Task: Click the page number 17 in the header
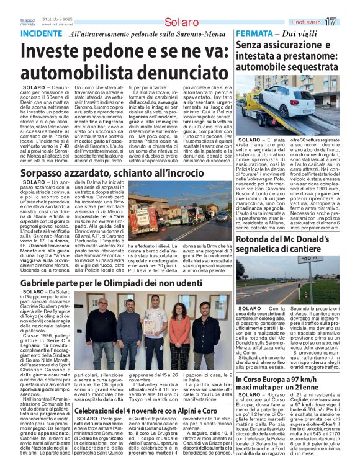click(x=348, y=22)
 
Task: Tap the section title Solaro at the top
click(x=180, y=22)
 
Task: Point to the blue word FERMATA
click(x=253, y=32)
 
